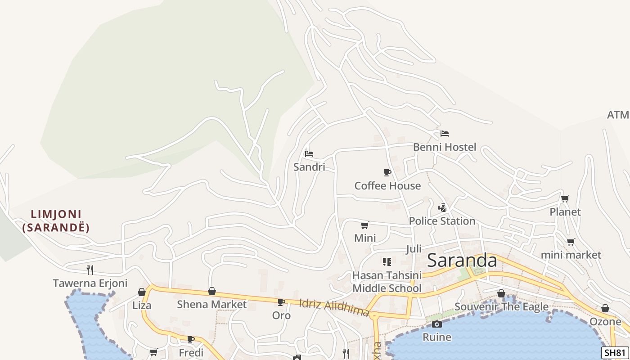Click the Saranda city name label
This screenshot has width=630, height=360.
(462, 260)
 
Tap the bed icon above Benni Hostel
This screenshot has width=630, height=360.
(445, 133)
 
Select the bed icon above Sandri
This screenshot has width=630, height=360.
(309, 153)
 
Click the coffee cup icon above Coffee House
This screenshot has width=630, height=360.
(387, 172)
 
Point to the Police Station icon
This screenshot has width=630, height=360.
(442, 207)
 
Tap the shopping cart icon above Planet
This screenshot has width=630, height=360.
(565, 198)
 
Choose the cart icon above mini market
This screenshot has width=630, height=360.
(571, 242)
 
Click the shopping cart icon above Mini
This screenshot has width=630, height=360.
(365, 225)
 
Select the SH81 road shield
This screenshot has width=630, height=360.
(615, 353)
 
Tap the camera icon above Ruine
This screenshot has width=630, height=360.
(436, 324)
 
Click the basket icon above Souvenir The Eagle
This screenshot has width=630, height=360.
(501, 293)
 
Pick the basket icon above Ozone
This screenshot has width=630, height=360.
(605, 308)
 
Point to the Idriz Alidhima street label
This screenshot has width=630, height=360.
(334, 307)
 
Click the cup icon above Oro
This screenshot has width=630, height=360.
(281, 302)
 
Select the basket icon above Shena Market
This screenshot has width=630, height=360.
(211, 291)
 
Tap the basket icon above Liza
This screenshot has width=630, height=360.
(142, 292)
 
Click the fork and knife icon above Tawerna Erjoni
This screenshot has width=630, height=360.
(90, 270)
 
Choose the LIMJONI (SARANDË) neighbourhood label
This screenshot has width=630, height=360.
(56, 220)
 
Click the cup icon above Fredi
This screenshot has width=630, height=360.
(191, 339)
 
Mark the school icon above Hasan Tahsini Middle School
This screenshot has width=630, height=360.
(387, 261)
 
